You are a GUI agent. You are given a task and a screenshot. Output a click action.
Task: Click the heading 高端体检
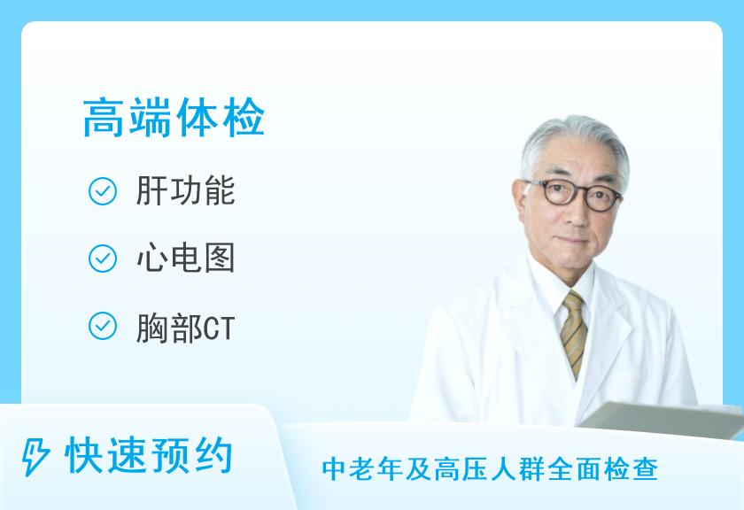coord(174,118)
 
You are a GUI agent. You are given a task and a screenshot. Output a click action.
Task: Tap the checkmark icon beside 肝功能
coord(103,191)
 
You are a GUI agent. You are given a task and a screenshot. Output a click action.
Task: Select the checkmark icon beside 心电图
coord(103,259)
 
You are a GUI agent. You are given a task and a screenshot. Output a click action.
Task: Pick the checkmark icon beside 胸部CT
coord(103,326)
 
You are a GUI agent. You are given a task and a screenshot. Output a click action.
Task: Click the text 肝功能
coord(185,190)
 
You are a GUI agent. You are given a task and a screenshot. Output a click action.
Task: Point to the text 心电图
coord(185,258)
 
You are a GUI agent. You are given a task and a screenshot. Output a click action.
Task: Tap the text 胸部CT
coord(185,328)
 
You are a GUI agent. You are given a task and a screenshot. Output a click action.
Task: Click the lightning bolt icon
coord(35,456)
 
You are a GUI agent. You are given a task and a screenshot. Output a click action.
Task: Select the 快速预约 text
coord(149,455)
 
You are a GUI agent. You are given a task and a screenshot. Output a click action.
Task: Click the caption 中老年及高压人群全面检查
coord(490,469)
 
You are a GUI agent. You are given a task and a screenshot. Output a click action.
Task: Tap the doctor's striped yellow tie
coord(573,333)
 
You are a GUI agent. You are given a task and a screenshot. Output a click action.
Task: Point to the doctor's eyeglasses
coord(572,195)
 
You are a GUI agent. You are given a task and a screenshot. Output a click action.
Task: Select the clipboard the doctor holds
coord(662,419)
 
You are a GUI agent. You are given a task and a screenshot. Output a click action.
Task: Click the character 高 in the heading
coord(105,118)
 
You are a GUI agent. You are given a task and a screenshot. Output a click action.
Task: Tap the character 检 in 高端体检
coord(243,118)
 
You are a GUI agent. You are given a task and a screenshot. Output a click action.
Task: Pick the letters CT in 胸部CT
coord(220,328)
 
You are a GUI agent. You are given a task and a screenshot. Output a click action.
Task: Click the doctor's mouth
coord(574,242)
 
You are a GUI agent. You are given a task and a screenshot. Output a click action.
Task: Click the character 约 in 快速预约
coord(213,455)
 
